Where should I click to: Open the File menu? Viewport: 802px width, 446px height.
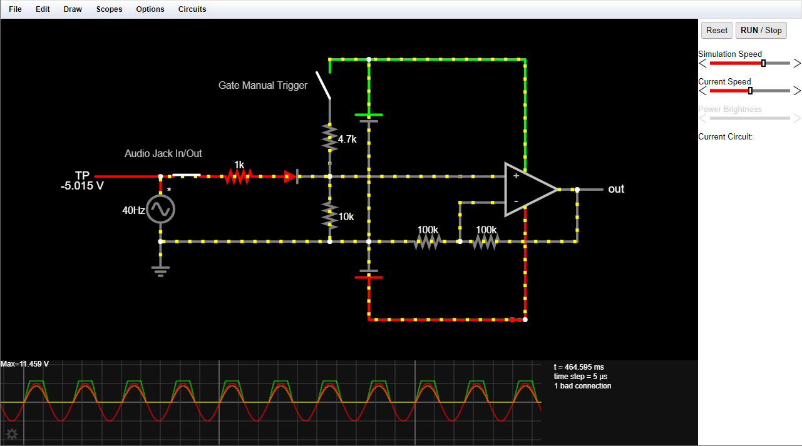(15, 9)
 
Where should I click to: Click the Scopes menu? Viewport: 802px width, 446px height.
(109, 9)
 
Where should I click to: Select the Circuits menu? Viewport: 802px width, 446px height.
(192, 9)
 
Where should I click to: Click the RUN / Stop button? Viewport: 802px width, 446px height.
(761, 30)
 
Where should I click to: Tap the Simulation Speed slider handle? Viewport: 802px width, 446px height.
(763, 63)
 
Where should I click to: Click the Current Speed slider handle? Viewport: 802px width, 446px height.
(750, 91)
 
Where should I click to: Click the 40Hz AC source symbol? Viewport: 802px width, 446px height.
(160, 210)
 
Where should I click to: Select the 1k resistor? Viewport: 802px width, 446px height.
(239, 177)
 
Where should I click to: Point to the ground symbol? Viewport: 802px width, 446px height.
(160, 270)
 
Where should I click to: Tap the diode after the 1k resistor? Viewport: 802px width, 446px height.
(291, 177)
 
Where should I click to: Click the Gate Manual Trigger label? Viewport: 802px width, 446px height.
(263, 86)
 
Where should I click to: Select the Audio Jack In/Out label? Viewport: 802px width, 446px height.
(163, 153)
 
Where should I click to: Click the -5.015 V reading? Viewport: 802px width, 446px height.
(82, 186)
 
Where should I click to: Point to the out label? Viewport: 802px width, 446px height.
(616, 189)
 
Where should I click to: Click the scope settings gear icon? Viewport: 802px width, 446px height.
(11, 434)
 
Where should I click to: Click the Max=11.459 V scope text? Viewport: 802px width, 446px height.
(25, 364)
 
